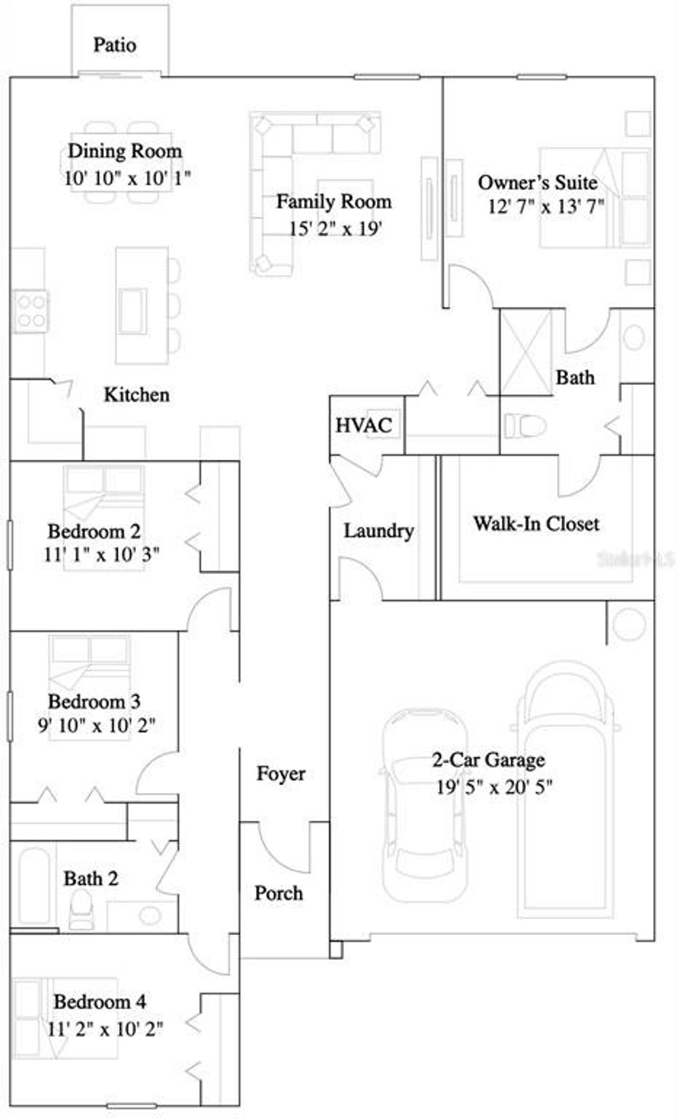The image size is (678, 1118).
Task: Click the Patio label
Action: (x=115, y=45)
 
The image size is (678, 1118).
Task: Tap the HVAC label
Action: (x=364, y=425)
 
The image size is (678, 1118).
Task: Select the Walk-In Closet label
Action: (x=536, y=524)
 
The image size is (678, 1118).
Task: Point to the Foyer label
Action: (x=281, y=774)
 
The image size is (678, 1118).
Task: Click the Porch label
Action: (x=279, y=893)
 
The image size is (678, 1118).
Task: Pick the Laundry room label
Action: (x=379, y=530)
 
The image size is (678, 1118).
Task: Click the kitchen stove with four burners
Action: (x=31, y=312)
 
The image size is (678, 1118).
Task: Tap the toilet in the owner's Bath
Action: (x=525, y=425)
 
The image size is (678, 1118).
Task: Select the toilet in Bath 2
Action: (x=81, y=908)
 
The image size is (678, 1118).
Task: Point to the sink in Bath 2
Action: (x=150, y=915)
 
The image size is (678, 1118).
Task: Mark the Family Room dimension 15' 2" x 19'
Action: (x=335, y=229)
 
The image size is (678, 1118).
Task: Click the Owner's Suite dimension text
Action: (x=546, y=206)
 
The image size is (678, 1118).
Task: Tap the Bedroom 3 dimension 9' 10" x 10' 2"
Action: (x=96, y=725)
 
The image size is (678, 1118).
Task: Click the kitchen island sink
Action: (x=132, y=311)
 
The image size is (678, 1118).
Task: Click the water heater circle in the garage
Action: (x=629, y=625)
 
